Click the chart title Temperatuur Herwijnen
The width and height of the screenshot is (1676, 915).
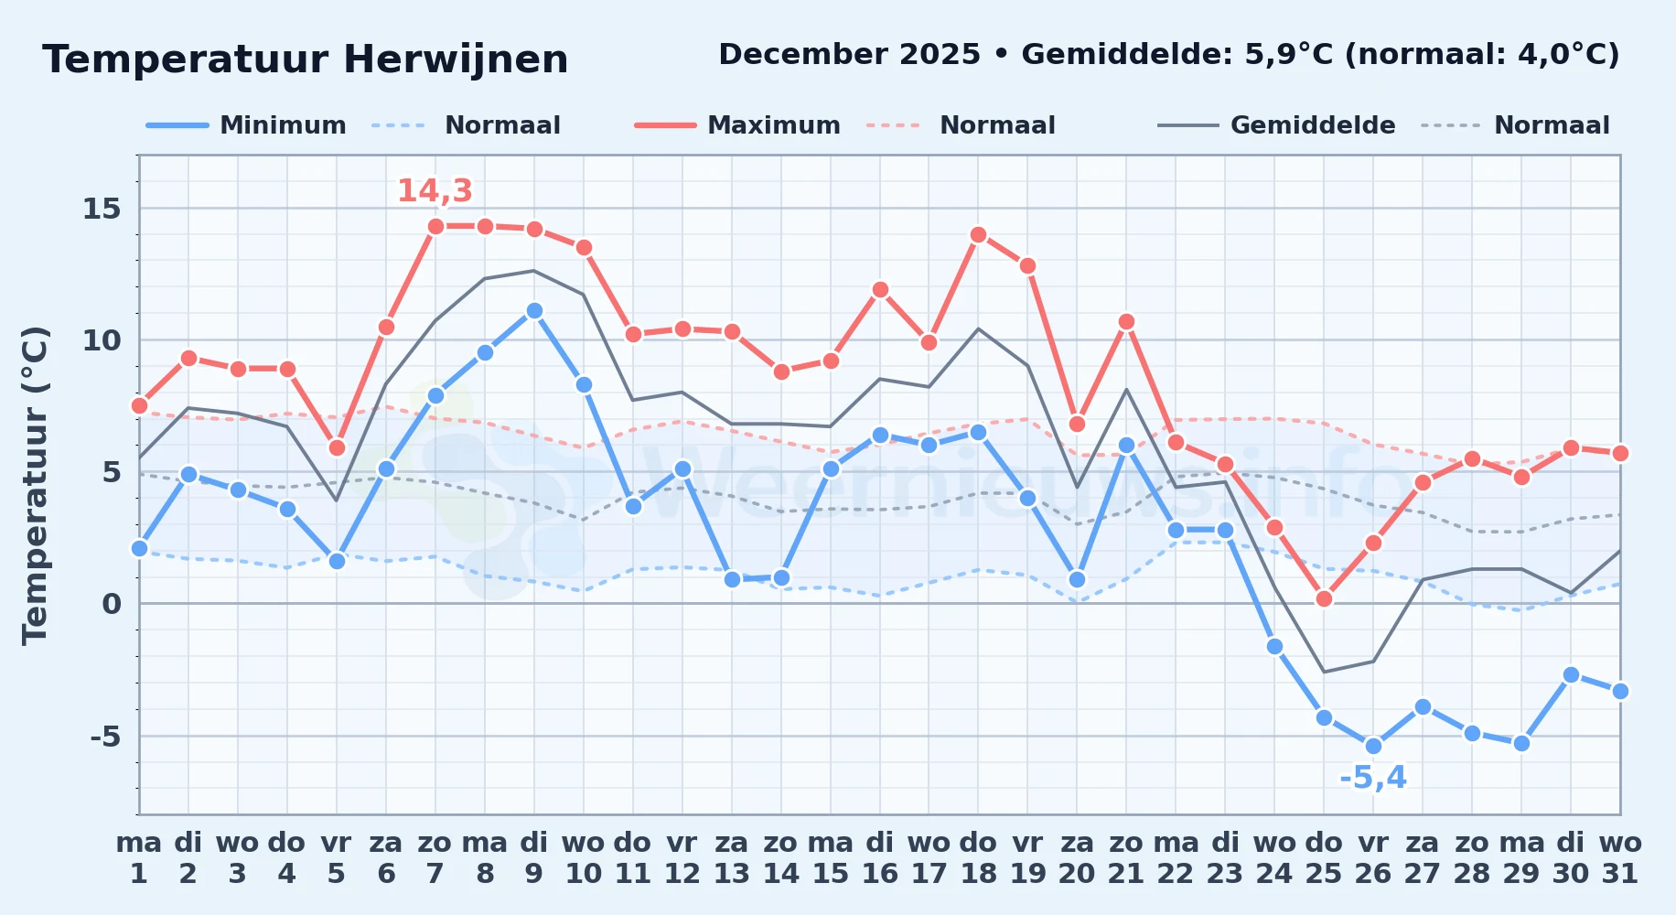[x=305, y=59]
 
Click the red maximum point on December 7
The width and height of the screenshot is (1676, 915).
[x=435, y=226]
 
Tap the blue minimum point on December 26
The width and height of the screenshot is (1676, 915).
[x=1373, y=746]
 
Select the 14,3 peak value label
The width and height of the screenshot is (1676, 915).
[x=435, y=190]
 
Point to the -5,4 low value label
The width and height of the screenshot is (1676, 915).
[x=1373, y=778]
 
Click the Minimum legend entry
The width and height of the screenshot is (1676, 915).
[x=247, y=125]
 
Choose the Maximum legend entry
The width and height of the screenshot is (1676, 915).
[x=737, y=125]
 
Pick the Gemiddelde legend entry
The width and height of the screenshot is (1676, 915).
[x=1277, y=125]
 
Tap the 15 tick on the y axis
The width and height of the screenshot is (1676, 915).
[x=102, y=209]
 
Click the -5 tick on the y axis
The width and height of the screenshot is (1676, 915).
[x=104, y=736]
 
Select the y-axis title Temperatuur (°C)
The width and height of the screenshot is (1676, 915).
[x=35, y=485]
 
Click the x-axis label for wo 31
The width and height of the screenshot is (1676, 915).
[x=1620, y=858]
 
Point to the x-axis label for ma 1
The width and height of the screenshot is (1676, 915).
[x=139, y=858]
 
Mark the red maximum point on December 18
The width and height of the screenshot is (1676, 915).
[x=978, y=234]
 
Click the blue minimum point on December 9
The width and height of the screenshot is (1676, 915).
[x=534, y=311]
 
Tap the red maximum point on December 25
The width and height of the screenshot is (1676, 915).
[x=1324, y=598]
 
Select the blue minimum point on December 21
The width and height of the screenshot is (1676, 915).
[x=1126, y=446]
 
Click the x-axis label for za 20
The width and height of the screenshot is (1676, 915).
[x=1077, y=858]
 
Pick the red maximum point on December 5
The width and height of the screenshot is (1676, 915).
[x=337, y=447]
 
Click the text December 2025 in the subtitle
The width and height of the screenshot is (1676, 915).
[x=850, y=55]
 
